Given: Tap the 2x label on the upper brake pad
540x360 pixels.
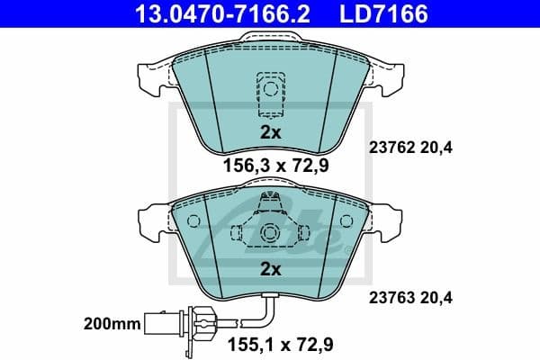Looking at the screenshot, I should [270, 131].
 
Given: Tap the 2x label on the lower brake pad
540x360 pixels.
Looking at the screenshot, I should [270, 268].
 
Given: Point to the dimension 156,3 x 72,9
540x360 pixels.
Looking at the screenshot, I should [270, 166].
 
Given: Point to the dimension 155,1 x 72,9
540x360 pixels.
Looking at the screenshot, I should [270, 343].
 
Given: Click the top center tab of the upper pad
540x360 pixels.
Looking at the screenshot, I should [270, 39].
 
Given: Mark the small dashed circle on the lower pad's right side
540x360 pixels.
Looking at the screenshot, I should [347, 220].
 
